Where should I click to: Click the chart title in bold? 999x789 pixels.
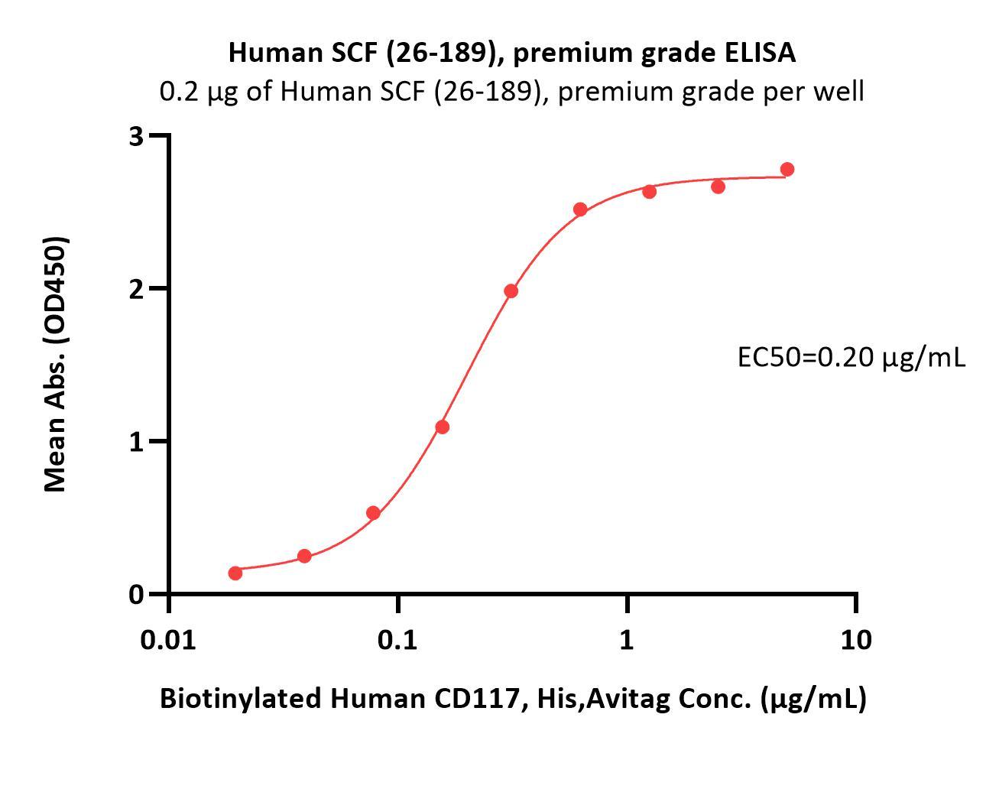coord(512,53)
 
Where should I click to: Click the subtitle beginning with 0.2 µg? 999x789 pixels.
coord(512,92)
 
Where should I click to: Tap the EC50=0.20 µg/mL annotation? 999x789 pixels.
coord(851,356)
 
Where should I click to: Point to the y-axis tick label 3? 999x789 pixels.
coord(137,137)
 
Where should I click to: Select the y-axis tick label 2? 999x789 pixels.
coord(137,289)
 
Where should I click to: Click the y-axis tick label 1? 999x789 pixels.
coord(137,442)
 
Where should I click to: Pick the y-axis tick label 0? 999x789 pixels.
coord(137,594)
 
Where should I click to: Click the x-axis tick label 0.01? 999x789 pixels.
coord(168,639)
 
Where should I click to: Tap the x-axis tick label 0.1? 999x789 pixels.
coord(397,639)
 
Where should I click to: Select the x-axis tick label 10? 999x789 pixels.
coord(855,639)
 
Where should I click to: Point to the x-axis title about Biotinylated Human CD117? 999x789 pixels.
coord(513,698)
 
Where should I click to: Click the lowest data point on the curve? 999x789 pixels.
coord(235,573)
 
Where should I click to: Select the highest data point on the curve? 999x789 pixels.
coord(787,169)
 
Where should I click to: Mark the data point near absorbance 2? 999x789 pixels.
coord(511,291)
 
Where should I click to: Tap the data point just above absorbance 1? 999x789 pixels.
coord(442,427)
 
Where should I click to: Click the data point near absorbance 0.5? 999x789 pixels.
coord(373,513)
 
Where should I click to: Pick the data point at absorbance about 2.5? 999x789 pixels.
coord(580,209)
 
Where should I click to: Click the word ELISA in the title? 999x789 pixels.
coord(759,53)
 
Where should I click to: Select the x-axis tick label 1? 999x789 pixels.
coord(627,639)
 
